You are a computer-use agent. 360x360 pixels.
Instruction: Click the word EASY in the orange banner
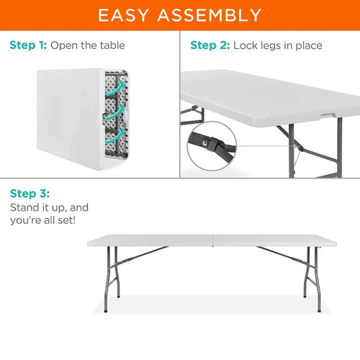pyautogui.click(x=123, y=15)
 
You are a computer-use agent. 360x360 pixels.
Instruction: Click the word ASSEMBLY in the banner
pyautogui.click(x=210, y=15)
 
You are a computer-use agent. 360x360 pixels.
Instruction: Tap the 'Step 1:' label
pyautogui.click(x=28, y=45)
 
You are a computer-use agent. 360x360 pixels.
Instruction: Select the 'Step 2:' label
pyautogui.click(x=210, y=45)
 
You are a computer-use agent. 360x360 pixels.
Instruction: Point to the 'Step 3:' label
pyautogui.click(x=30, y=194)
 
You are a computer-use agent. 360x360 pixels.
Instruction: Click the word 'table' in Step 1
pyautogui.click(x=112, y=45)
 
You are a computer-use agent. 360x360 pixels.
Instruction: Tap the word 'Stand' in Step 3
pyautogui.click(x=24, y=207)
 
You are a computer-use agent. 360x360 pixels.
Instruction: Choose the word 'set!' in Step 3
pyautogui.click(x=67, y=220)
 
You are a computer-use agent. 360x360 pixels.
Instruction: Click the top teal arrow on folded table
pyautogui.click(x=116, y=89)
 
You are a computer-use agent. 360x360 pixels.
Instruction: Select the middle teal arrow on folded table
pyautogui.click(x=115, y=112)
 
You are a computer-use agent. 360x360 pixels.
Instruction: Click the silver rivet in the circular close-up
pyautogui.click(x=204, y=143)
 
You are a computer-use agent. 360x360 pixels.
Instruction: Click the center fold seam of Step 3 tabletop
pyautogui.click(x=213, y=240)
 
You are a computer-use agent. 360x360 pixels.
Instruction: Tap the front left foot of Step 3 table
pyautogui.click(x=106, y=311)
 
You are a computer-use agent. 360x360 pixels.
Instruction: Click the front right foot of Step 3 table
pyautogui.click(x=319, y=310)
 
